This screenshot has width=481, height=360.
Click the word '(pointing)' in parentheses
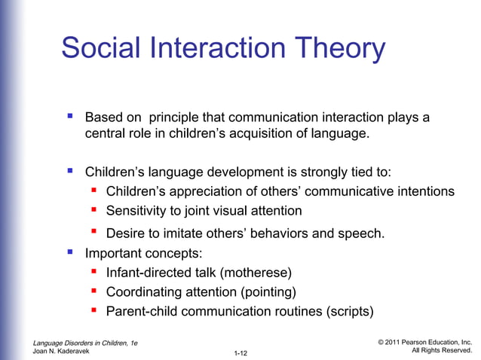(265, 291)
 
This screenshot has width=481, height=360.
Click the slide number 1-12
(241, 352)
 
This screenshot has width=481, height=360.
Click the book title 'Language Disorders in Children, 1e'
(85, 343)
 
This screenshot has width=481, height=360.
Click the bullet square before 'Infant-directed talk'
(95, 271)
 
